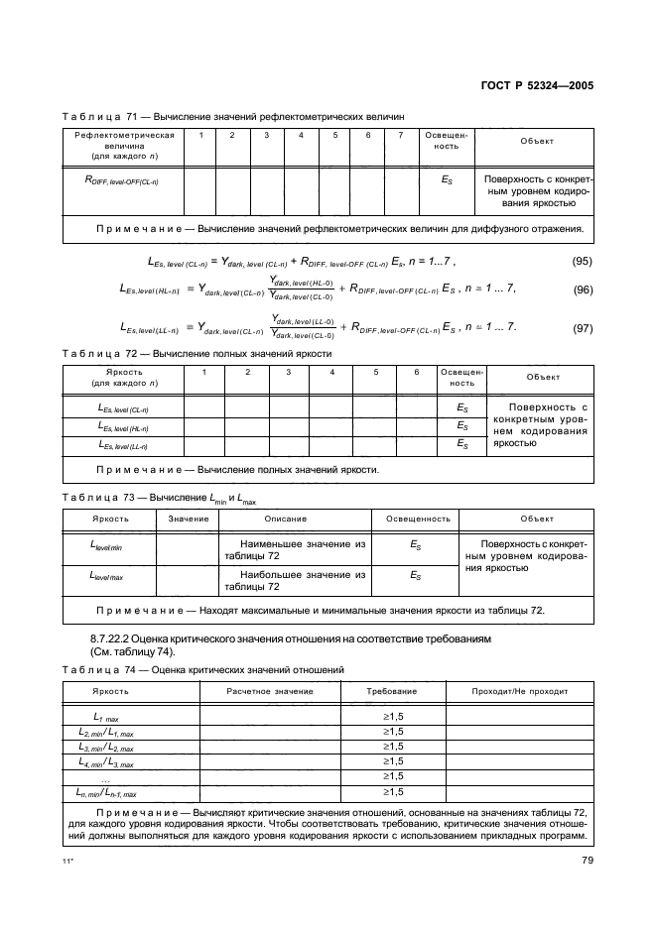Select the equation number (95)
pos(583,261)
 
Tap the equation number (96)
pos(583,290)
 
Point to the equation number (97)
pos(583,327)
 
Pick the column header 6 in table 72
pos(416,372)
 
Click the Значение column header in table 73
pos(188,519)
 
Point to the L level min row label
pos(107,545)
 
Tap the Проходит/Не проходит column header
pos(519,690)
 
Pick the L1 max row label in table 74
pos(107,716)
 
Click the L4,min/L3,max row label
pos(107,761)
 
